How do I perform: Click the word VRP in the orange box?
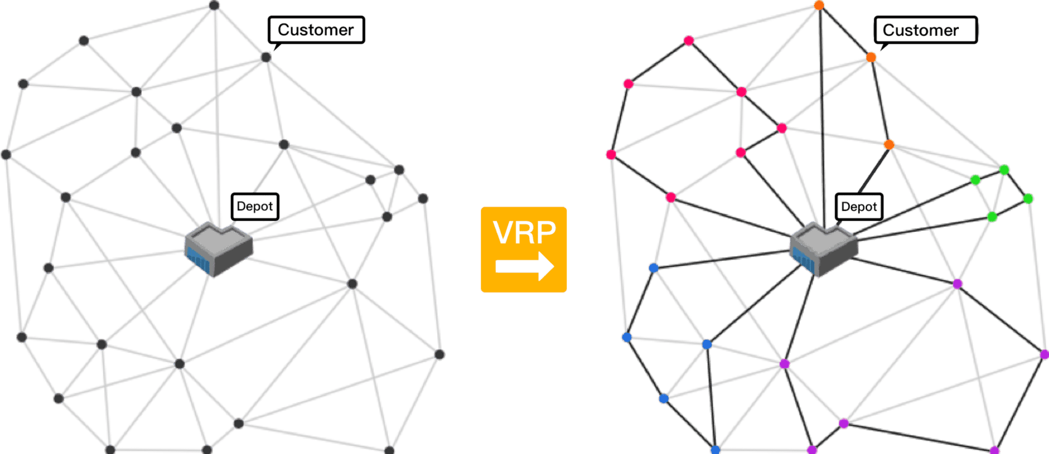click(x=524, y=232)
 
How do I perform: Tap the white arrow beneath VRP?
click(x=524, y=266)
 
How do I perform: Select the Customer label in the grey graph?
click(x=316, y=30)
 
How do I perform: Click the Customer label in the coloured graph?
click(x=921, y=30)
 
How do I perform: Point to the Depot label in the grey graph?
click(x=255, y=207)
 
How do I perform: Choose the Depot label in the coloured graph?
click(x=859, y=207)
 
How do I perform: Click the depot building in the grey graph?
click(x=219, y=250)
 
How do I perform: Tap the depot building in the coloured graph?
click(x=823, y=250)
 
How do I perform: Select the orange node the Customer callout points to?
click(x=871, y=57)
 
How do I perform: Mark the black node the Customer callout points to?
click(x=266, y=57)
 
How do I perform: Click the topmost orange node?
click(x=819, y=5)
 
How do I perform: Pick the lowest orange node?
click(x=889, y=144)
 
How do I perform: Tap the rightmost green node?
click(x=1028, y=199)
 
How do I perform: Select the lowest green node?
click(x=992, y=217)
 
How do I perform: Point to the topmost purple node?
click(x=958, y=284)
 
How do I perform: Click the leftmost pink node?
click(x=611, y=154)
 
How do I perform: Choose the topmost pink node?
click(x=689, y=41)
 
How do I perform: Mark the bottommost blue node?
click(x=715, y=450)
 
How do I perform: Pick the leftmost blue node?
click(x=627, y=337)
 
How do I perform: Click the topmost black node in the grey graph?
click(x=215, y=5)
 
